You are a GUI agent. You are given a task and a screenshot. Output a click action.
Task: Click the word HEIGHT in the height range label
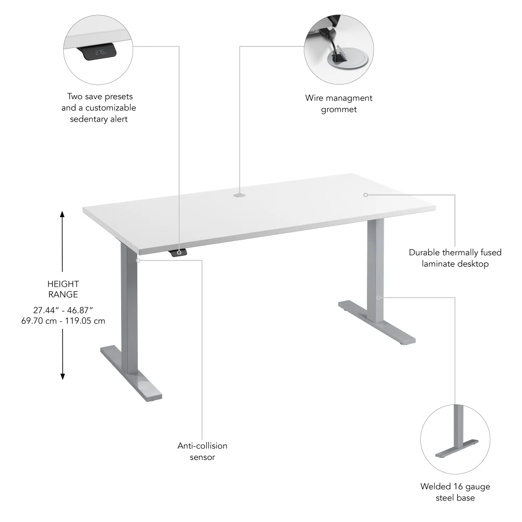pyautogui.click(x=63, y=284)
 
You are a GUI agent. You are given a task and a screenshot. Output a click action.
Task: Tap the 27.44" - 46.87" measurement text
pyautogui.click(x=63, y=310)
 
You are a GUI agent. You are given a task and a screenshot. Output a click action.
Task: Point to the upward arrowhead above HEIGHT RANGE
pyautogui.click(x=63, y=214)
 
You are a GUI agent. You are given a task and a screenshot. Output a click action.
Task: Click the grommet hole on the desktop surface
pyautogui.click(x=240, y=196)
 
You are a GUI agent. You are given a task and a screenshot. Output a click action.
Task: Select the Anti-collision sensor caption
pyautogui.click(x=203, y=452)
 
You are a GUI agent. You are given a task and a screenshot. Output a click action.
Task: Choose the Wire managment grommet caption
pyautogui.click(x=339, y=103)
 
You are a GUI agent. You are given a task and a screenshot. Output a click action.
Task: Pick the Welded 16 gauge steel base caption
pyautogui.click(x=455, y=492)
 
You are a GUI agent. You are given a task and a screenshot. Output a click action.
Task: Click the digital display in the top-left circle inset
pyautogui.click(x=101, y=52)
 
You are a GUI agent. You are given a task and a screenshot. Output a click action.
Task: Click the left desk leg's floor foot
pyautogui.click(x=130, y=373)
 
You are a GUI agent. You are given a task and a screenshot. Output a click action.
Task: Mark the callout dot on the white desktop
pyautogui.click(x=366, y=195)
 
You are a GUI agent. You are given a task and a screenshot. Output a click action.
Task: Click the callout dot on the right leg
pyautogui.click(x=379, y=298)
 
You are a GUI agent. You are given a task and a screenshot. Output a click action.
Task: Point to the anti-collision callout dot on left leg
pyautogui.click(x=138, y=259)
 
